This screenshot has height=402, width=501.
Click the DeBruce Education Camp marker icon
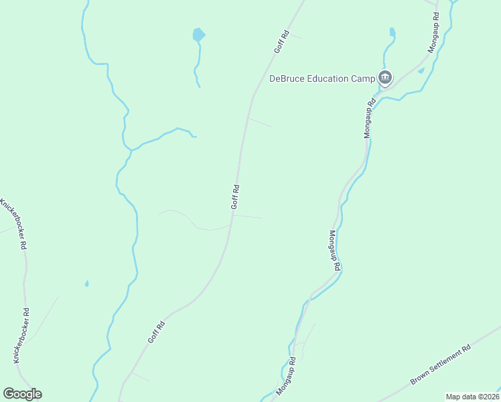pyautogui.click(x=385, y=78)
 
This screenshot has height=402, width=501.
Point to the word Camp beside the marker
pyautogui.click(x=363, y=78)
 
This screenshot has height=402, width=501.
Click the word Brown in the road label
pyautogui.click(x=421, y=378)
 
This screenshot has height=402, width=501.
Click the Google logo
pyautogui.click(x=22, y=394)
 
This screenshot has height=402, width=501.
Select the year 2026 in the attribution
pyautogui.click(x=490, y=397)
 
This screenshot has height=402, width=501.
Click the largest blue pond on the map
pyautogui.click(x=198, y=34)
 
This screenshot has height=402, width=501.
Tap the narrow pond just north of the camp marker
pyautogui.click(x=392, y=31)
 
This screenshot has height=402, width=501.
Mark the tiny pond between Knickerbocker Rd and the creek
pyautogui.click(x=86, y=283)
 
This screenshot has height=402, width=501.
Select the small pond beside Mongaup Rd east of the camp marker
pyautogui.click(x=421, y=70)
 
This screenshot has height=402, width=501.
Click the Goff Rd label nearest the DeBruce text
pyautogui.click(x=281, y=42)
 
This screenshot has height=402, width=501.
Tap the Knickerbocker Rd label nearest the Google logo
pyautogui.click(x=21, y=335)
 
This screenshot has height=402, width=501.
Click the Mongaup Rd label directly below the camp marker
pyautogui.click(x=368, y=119)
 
